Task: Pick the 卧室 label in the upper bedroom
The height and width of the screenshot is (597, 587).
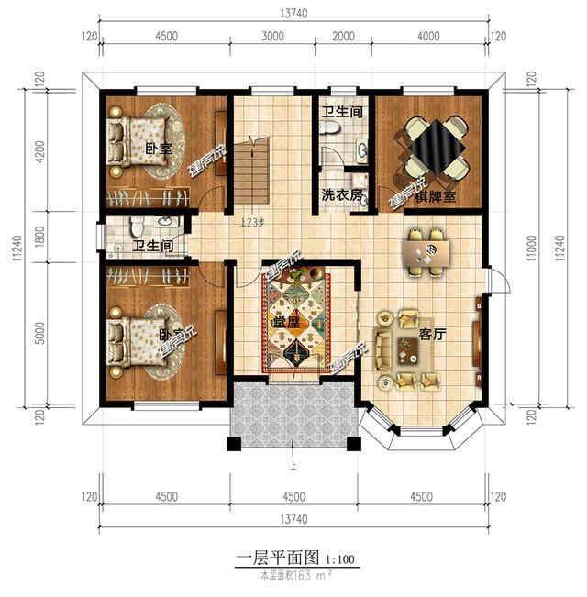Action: coord(158,149)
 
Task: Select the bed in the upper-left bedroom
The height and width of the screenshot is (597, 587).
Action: coord(138,143)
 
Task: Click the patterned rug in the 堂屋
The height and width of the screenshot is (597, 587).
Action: coord(293,321)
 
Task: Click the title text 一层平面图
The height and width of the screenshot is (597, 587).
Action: coord(276,558)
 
